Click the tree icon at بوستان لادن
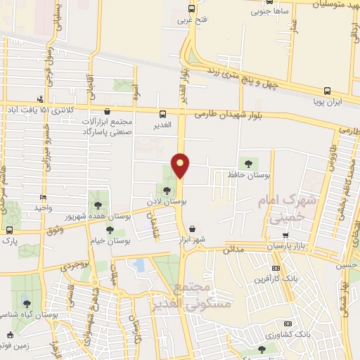tap(167, 190)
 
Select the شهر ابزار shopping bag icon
tap(193, 229)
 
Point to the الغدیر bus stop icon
tap(163, 114)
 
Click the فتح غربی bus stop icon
tap(192, 9)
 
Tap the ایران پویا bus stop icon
tap(327, 91)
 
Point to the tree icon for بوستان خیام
tap(109, 230)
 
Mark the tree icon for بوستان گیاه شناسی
tap(27, 304)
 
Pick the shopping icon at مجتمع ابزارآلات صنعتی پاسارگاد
tap(107, 110)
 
